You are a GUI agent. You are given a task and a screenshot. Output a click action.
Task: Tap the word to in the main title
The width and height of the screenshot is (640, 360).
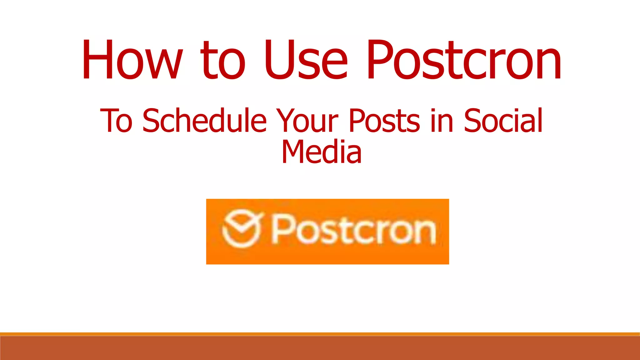(x=223, y=59)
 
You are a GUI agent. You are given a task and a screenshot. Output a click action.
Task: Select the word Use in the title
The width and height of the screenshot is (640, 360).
(x=306, y=59)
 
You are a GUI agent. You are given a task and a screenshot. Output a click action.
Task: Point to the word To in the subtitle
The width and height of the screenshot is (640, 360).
(x=116, y=120)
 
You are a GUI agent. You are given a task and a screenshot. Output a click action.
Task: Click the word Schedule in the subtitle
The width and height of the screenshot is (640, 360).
(x=205, y=120)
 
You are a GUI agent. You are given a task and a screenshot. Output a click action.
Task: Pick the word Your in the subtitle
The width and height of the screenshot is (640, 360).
(x=307, y=120)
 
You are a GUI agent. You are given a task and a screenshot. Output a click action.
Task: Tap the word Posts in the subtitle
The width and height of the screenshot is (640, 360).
(x=384, y=120)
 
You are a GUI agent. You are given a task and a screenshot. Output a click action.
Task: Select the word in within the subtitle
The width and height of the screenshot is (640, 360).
(x=442, y=120)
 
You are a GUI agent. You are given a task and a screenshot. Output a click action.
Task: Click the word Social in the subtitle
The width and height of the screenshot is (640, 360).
(x=503, y=120)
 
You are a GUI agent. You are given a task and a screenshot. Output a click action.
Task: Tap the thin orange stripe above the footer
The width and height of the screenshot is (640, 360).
(x=320, y=334)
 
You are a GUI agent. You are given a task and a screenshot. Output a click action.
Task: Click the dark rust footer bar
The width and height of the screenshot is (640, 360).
(x=320, y=348)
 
